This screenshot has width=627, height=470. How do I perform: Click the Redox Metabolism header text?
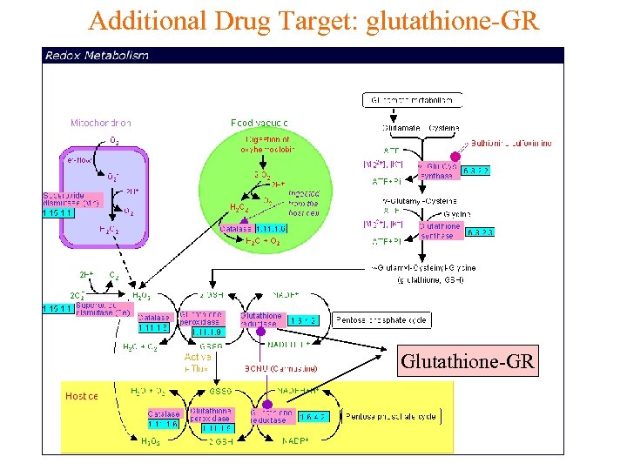[97, 56]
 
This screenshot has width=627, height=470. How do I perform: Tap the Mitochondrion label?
[101, 123]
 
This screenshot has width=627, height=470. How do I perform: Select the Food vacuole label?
[259, 123]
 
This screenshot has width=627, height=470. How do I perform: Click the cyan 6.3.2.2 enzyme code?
[475, 171]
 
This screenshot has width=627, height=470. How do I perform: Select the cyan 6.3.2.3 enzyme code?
[480, 232]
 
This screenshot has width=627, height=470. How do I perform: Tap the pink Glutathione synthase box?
[440, 231]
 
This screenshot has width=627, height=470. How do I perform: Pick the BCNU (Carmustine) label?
[280, 369]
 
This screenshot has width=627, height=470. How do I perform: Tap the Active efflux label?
[198, 363]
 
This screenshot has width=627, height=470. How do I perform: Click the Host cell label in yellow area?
[83, 396]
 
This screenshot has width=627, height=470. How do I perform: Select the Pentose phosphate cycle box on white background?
[382, 320]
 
